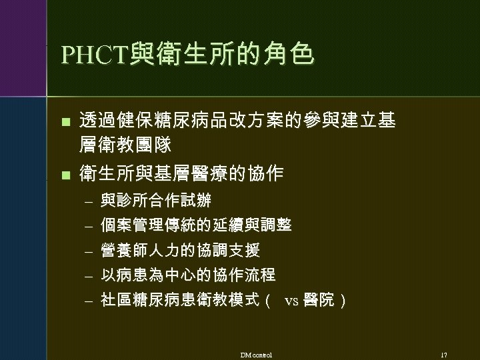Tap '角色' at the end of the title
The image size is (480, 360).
pyautogui.click(x=291, y=54)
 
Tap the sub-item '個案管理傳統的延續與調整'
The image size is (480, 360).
pyautogui.click(x=196, y=225)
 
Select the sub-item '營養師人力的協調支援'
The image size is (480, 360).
pyautogui.click(x=180, y=250)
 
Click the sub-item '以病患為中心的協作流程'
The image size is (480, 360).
pyautogui.click(x=188, y=275)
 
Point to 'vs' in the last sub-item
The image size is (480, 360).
pyautogui.click(x=291, y=301)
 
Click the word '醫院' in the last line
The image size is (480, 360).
pyautogui.click(x=317, y=300)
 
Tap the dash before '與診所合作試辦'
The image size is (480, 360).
pyautogui.click(x=85, y=201)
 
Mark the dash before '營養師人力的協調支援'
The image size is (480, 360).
pyautogui.click(x=85, y=251)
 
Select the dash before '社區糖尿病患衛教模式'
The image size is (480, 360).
pyautogui.click(x=85, y=301)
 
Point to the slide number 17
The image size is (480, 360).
pyautogui.click(x=443, y=353)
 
